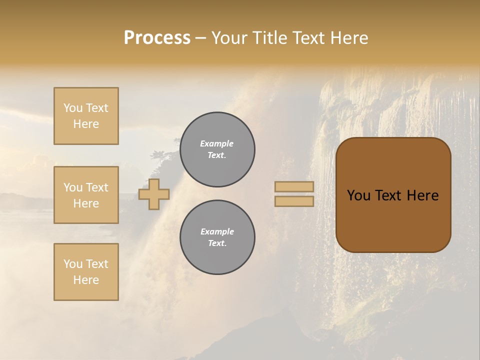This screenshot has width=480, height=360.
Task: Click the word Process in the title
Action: point(157,38)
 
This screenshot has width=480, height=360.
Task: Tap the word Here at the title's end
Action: point(347,38)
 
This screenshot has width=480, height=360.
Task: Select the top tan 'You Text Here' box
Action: point(86,116)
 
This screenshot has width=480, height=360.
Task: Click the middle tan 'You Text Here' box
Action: point(86,195)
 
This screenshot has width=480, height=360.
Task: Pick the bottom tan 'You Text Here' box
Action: point(86,272)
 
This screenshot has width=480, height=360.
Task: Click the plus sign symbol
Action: point(153,194)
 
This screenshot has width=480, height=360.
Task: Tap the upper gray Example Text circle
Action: point(217,149)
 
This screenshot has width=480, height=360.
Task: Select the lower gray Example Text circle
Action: point(217,237)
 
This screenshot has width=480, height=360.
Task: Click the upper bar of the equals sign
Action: point(294,186)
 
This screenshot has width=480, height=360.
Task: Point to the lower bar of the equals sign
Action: point(294,201)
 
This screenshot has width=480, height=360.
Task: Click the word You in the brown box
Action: point(358,195)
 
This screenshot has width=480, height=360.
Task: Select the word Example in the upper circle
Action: point(216,143)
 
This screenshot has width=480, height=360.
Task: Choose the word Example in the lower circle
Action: point(216,231)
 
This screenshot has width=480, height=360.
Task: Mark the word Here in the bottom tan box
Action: point(86,280)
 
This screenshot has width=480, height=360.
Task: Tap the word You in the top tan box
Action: point(73,108)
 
